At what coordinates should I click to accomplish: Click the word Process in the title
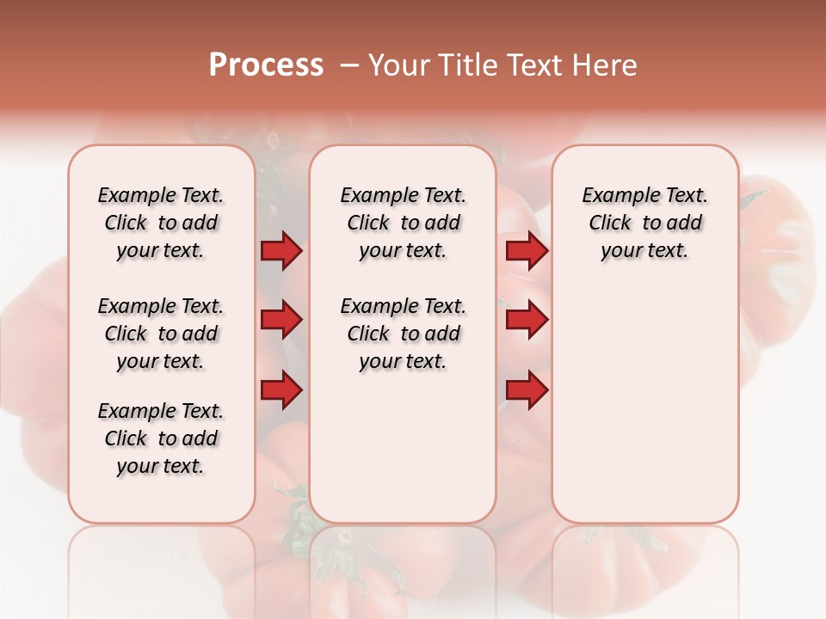(x=266, y=65)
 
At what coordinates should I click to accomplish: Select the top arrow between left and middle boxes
(x=281, y=251)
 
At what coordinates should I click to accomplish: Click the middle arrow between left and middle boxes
(x=281, y=321)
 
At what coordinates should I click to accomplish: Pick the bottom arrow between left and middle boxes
(x=281, y=390)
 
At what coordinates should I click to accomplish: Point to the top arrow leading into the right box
(x=527, y=251)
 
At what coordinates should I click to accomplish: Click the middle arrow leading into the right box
(x=527, y=321)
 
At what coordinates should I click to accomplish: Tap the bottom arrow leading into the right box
(x=527, y=390)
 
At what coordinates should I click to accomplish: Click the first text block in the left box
(x=161, y=223)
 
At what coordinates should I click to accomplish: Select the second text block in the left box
(x=161, y=334)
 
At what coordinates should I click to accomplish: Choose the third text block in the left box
(x=161, y=438)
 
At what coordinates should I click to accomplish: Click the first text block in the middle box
(x=403, y=223)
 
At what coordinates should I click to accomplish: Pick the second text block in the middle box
(x=403, y=334)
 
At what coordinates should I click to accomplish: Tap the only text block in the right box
(x=645, y=223)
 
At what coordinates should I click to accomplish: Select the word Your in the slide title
(x=395, y=65)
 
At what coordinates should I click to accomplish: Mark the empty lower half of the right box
(x=645, y=413)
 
